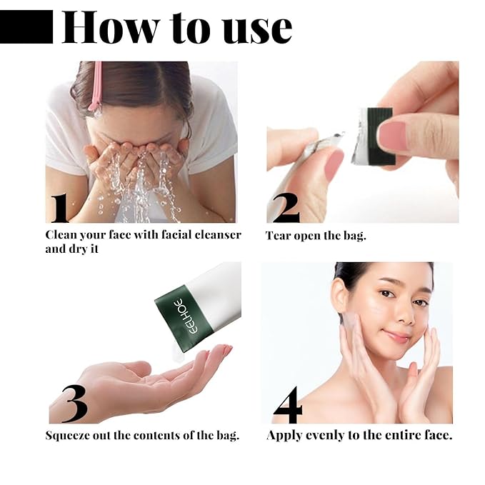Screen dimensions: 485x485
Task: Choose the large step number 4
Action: tap(287, 405)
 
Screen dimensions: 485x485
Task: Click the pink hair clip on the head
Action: tap(95, 86)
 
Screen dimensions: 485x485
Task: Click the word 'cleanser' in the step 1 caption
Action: tap(215, 235)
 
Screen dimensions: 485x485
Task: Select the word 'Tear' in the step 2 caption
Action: tap(278, 235)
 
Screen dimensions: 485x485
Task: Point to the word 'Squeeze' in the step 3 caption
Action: tap(69, 434)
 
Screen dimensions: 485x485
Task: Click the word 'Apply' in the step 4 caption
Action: tap(284, 434)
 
